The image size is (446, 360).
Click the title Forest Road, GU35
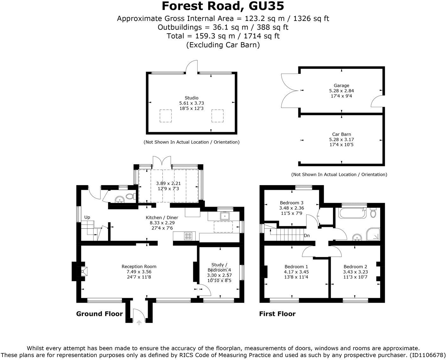[x=223, y=6]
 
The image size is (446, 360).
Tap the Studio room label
[x=191, y=98]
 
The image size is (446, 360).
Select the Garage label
[x=341, y=85]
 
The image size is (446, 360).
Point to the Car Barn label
[x=341, y=134]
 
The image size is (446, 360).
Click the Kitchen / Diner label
[x=162, y=218]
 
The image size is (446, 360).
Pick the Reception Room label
[x=139, y=267]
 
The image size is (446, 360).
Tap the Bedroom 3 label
[x=291, y=203]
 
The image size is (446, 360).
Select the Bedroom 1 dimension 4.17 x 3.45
[x=296, y=272]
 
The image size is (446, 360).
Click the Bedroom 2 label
[x=355, y=267]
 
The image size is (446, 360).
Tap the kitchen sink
[x=225, y=216]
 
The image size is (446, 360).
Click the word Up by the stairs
[x=87, y=217]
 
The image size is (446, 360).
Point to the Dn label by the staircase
[x=307, y=236]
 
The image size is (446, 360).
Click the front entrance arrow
[x=139, y=322]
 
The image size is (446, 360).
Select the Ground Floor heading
[x=99, y=314]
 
